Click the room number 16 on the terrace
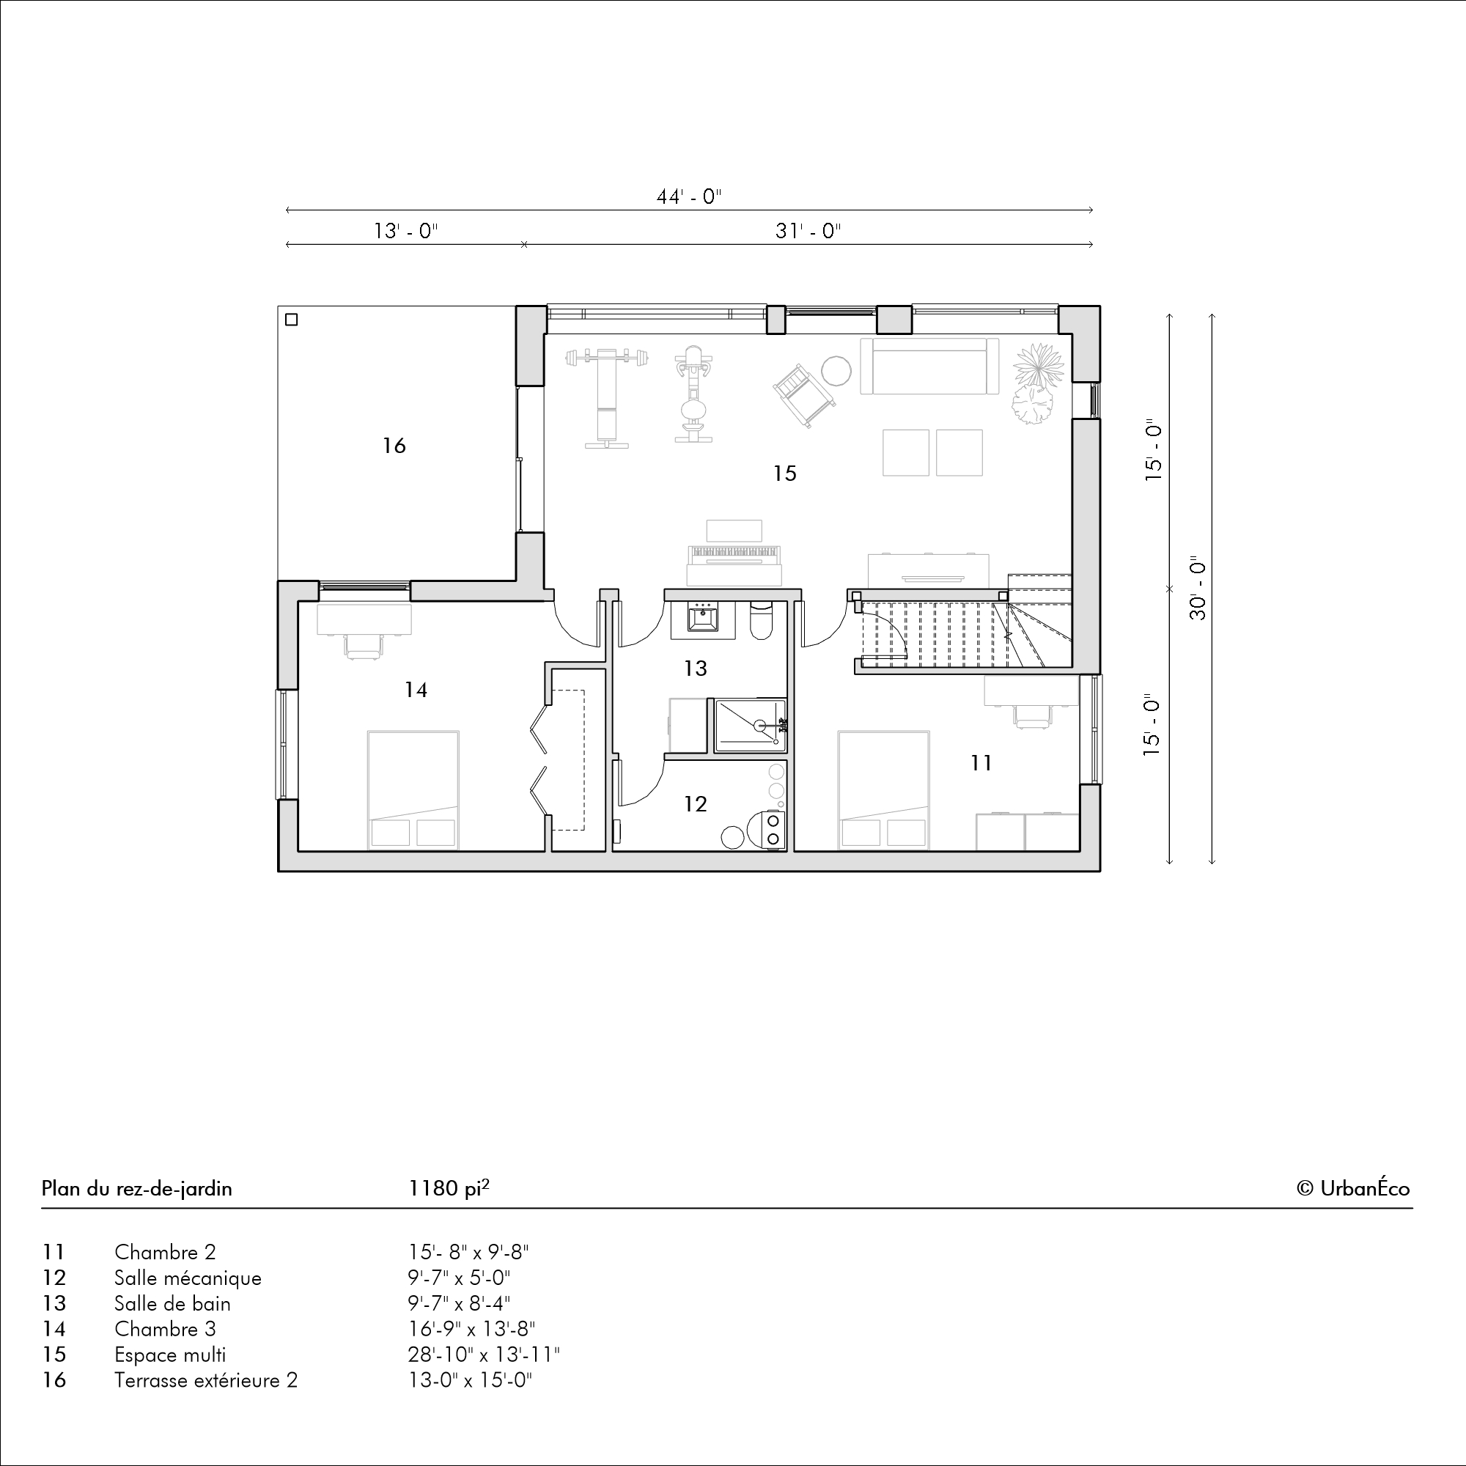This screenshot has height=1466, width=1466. pyautogui.click(x=394, y=446)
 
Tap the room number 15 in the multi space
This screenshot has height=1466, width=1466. pyautogui.click(x=784, y=474)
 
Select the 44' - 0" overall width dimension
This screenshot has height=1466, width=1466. pyautogui.click(x=688, y=197)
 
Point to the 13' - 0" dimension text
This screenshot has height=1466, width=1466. pyautogui.click(x=406, y=231)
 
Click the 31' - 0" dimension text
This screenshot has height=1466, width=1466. pyautogui.click(x=808, y=231)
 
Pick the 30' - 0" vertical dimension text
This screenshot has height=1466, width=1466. pyautogui.click(x=1198, y=590)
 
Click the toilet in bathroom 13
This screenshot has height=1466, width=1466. pyautogui.click(x=760, y=619)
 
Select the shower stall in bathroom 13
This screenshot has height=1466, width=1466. pyautogui.click(x=750, y=726)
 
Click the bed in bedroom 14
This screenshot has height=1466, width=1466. pyautogui.click(x=413, y=790)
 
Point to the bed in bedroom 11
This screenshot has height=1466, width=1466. pyautogui.click(x=884, y=790)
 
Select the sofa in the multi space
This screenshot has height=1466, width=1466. pyautogui.click(x=929, y=366)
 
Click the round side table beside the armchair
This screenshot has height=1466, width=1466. pyautogui.click(x=837, y=371)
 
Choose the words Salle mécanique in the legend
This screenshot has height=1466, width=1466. pyautogui.click(x=188, y=1278)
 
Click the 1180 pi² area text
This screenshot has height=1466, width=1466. pyautogui.click(x=449, y=1188)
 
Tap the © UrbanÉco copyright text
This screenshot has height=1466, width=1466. pyautogui.click(x=1354, y=1187)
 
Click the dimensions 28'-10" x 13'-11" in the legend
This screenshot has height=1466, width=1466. pyautogui.click(x=484, y=1355)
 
